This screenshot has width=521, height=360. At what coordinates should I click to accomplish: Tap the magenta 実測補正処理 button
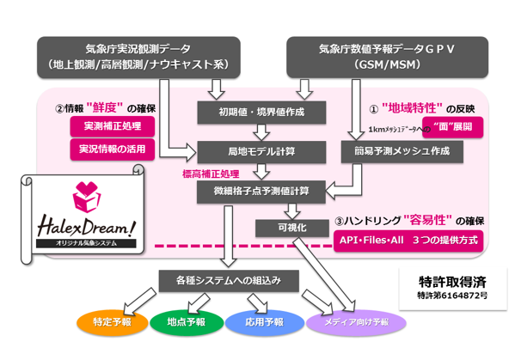(113, 126)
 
